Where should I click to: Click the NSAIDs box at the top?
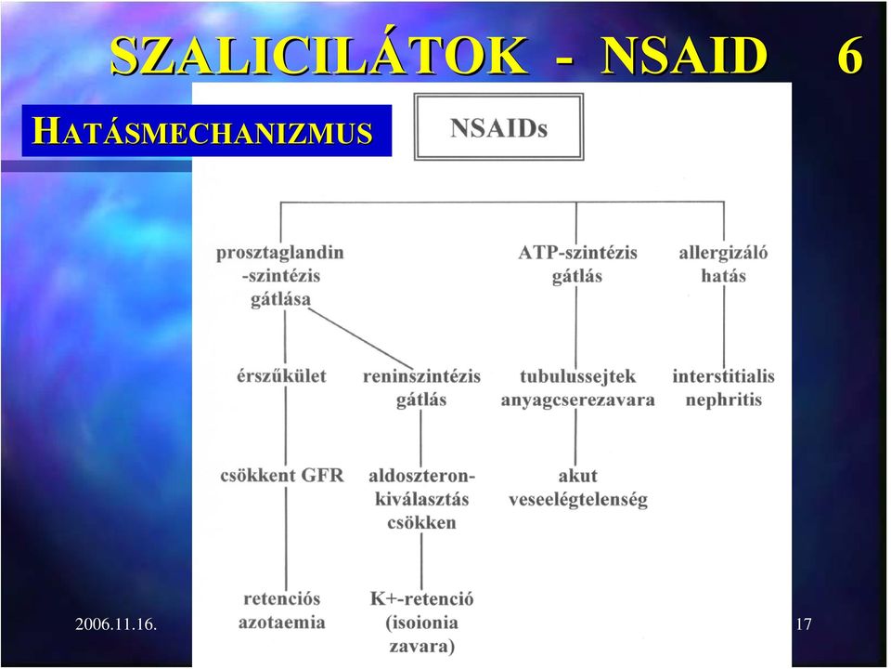498,127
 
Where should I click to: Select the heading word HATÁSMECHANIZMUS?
202,130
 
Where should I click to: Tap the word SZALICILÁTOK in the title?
318,55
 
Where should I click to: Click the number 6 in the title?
850,56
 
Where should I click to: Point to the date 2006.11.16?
116,624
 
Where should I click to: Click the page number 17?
804,624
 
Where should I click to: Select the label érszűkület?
281,376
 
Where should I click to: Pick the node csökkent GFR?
282,475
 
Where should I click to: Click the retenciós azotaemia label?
282,610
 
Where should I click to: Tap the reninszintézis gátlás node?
421,387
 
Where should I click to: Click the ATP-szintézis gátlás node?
577,264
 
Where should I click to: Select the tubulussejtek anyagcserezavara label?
577,387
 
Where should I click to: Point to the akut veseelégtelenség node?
578,488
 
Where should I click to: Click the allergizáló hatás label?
723,264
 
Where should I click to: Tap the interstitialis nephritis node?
723,387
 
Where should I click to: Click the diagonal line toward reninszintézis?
360,339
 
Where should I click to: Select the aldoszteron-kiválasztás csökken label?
421,499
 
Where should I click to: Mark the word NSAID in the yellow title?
684,56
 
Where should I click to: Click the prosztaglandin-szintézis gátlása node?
280,275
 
